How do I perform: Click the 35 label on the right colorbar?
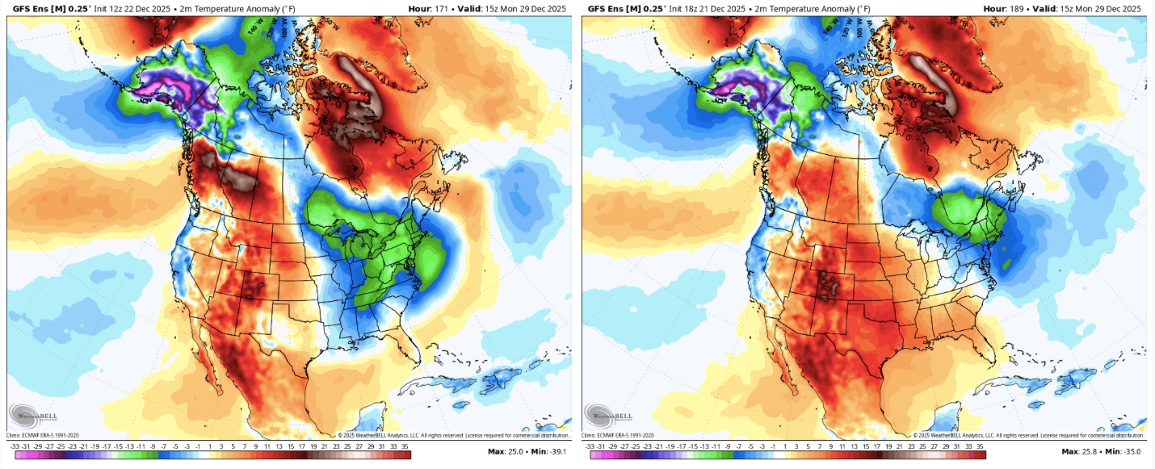(x=980, y=445)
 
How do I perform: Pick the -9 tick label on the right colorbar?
(x=729, y=445)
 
